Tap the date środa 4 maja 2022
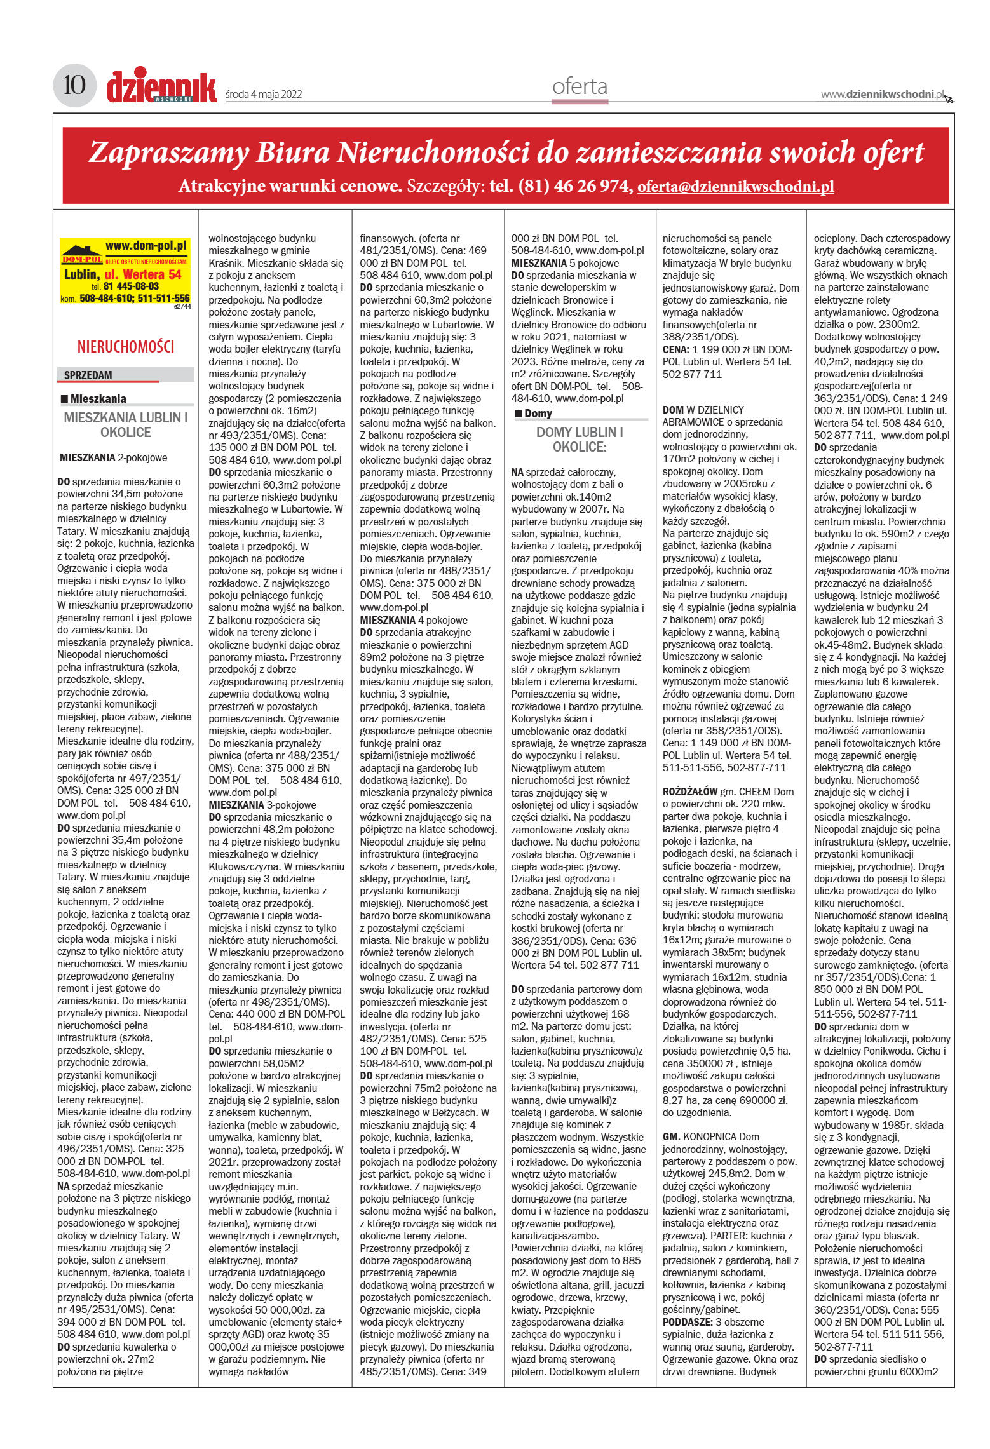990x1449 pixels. coord(264,95)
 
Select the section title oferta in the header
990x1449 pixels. coord(580,86)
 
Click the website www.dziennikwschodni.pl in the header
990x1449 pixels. coord(882,94)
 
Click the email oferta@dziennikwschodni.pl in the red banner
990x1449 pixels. coord(735,186)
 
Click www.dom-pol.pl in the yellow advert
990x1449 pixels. coord(147,246)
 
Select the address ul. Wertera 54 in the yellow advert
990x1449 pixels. coord(143,274)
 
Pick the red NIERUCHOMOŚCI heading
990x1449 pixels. coord(126,347)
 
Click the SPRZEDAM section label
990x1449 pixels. coord(88,375)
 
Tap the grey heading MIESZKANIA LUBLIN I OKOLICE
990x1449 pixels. coord(126,425)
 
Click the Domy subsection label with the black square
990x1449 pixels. coord(538,414)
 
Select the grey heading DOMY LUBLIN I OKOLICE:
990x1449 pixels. coord(580,440)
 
